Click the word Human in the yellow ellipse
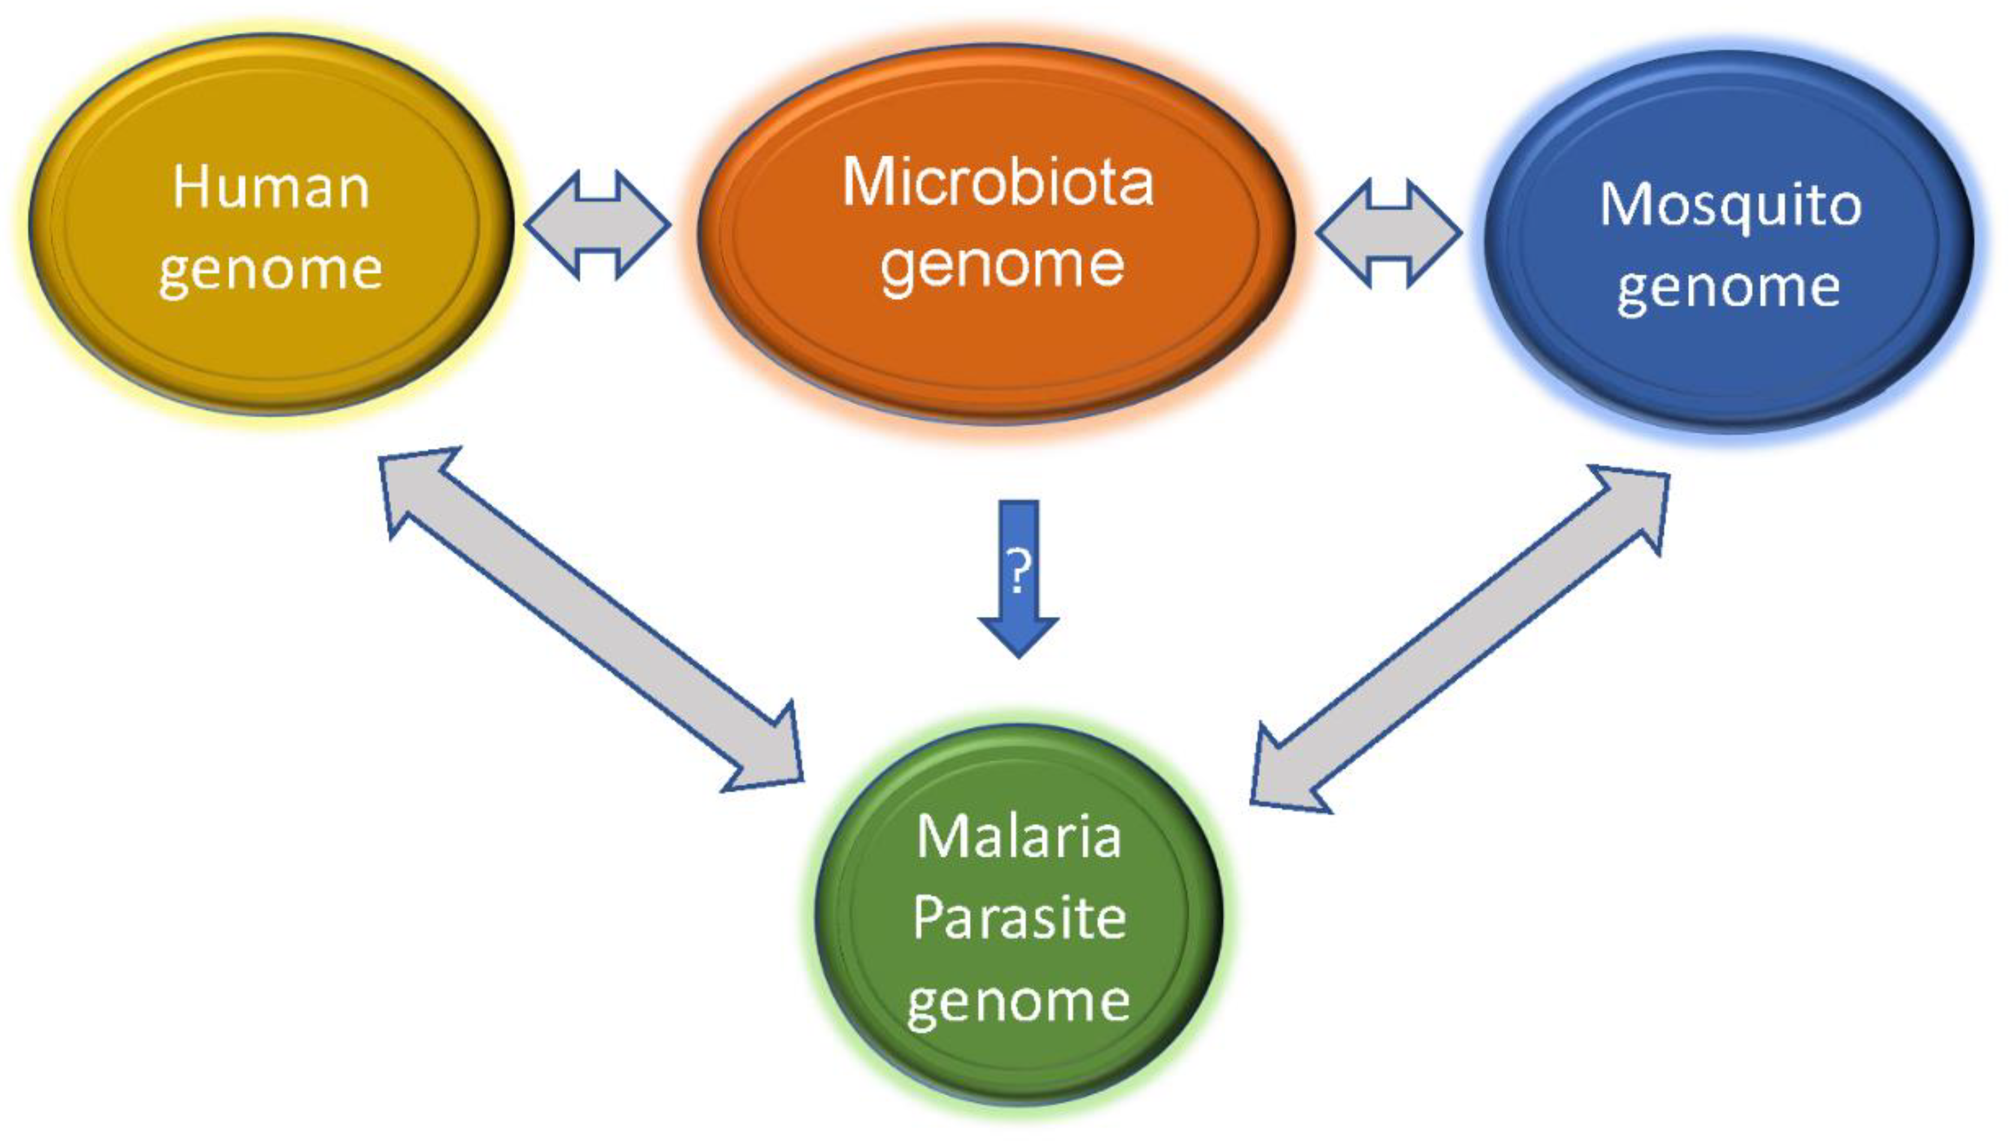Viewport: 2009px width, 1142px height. pyautogui.click(x=270, y=188)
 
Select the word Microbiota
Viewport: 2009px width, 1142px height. pyautogui.click(x=998, y=183)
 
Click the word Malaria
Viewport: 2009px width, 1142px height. pyautogui.click(x=1018, y=837)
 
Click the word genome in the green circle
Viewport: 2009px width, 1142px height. pyautogui.click(x=1018, y=1002)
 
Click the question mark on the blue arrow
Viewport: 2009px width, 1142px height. pyautogui.click(x=1018, y=571)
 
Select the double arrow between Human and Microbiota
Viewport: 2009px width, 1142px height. pyautogui.click(x=598, y=225)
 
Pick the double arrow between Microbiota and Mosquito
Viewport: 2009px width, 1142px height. pyautogui.click(x=1388, y=233)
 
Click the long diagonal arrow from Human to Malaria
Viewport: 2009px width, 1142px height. pyautogui.click(x=590, y=620)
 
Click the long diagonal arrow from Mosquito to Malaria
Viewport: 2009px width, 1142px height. pyautogui.click(x=1459, y=639)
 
